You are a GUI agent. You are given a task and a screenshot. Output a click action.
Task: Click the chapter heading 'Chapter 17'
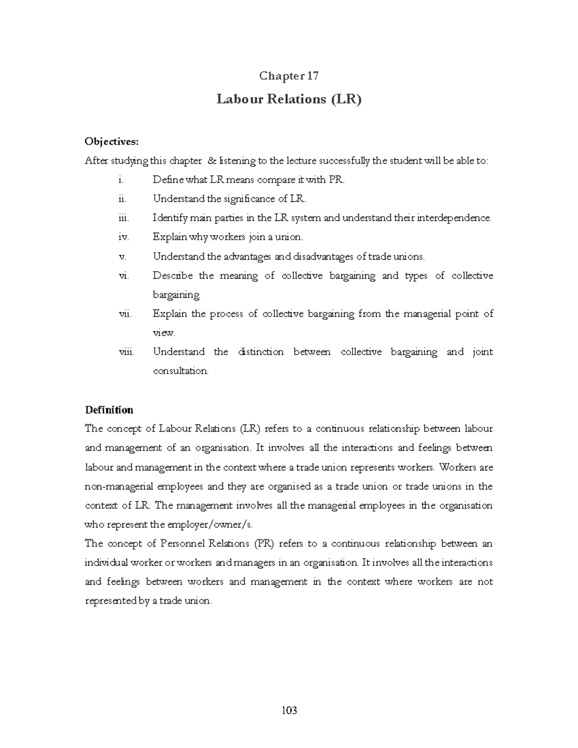(x=289, y=76)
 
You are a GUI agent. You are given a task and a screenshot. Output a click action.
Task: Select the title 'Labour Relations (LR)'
(x=289, y=99)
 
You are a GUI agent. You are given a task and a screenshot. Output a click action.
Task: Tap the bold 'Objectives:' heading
(x=111, y=141)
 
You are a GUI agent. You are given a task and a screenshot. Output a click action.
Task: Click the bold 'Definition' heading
(x=109, y=410)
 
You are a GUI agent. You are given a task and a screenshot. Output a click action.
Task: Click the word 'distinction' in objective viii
(x=261, y=352)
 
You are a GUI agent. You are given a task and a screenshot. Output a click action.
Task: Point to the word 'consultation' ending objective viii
(x=181, y=371)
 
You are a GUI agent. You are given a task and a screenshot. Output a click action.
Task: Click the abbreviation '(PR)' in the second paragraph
(x=262, y=544)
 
